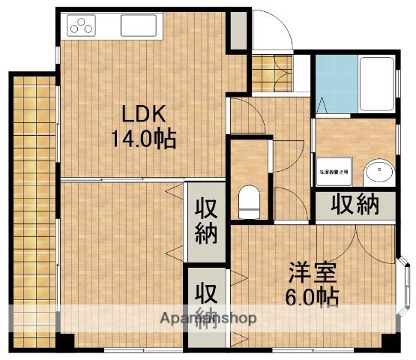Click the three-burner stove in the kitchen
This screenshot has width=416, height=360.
click(x=81, y=26)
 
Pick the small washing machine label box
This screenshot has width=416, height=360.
click(x=331, y=172)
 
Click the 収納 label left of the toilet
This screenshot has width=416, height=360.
click(x=206, y=222)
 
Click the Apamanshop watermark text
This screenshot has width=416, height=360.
click(x=208, y=318)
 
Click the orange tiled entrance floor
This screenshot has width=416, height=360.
click(x=263, y=72)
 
